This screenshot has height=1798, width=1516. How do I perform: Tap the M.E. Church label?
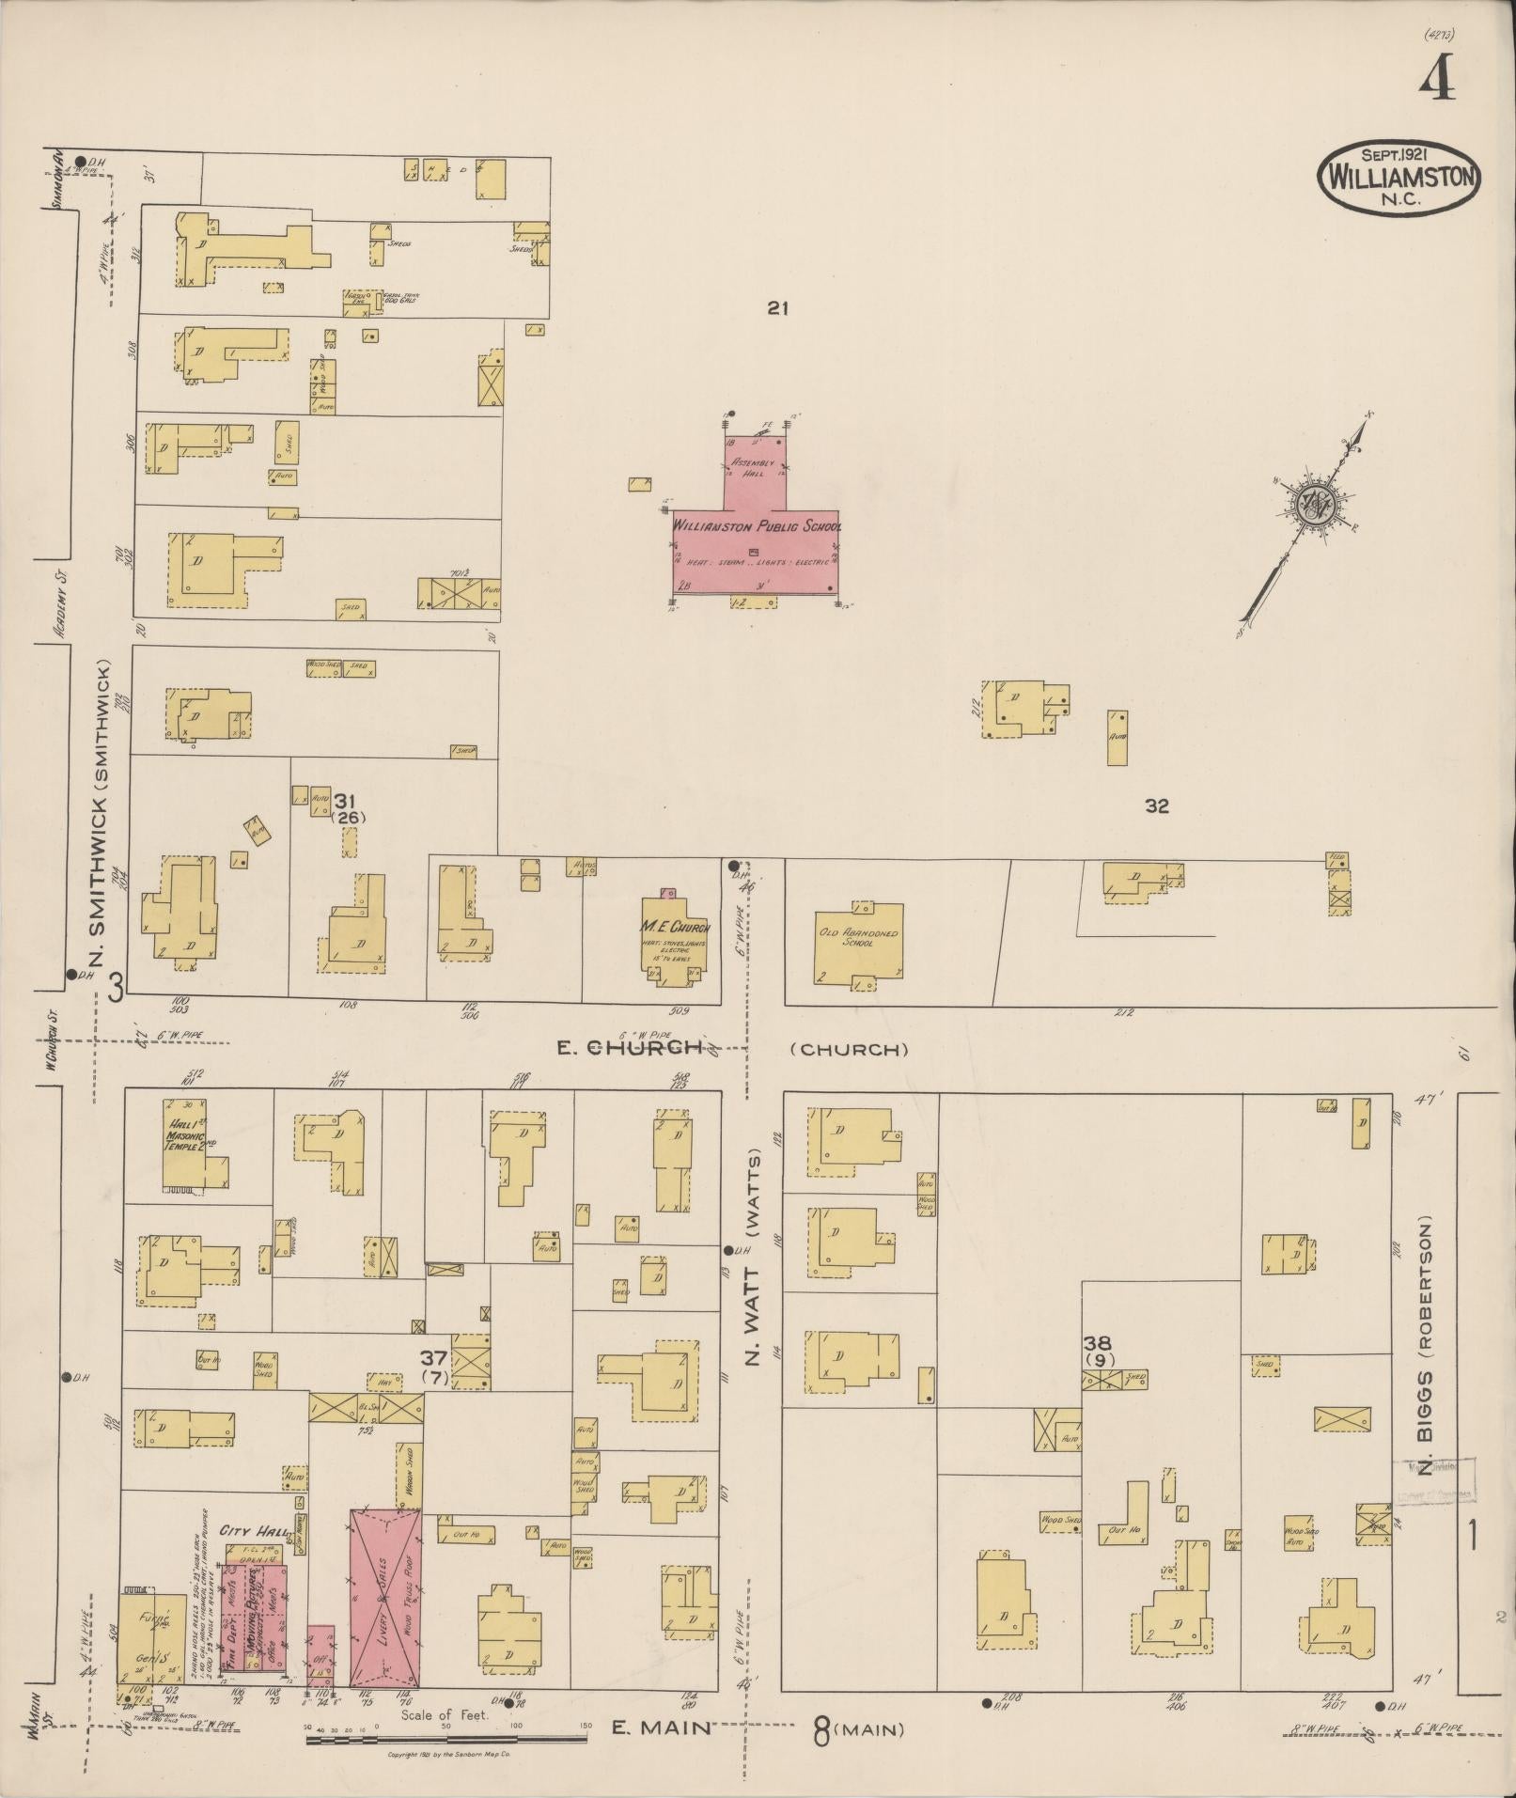pos(670,929)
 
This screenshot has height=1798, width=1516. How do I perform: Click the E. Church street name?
pos(630,1047)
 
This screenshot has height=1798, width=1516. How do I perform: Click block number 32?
pos(1156,805)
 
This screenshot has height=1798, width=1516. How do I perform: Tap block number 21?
pos(775,307)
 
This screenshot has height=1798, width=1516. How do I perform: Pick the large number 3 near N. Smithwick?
pos(116,987)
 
